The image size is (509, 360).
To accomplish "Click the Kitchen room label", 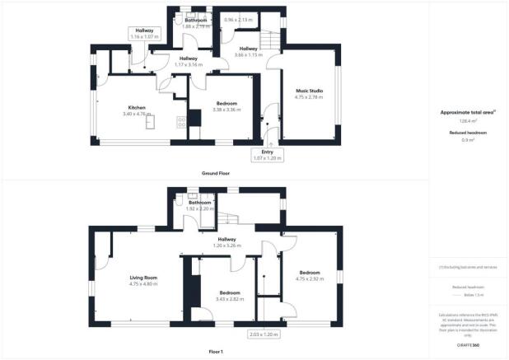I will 136,107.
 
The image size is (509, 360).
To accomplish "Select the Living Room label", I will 143,278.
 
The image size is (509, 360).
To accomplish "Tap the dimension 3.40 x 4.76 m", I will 136,114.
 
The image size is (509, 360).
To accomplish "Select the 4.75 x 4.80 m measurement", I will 143,283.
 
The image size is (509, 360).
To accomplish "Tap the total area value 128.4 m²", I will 468,120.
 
